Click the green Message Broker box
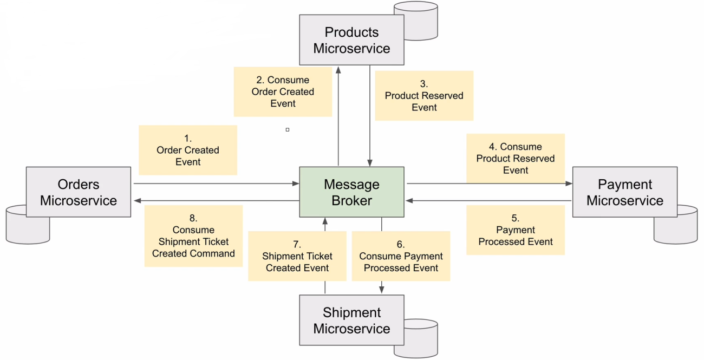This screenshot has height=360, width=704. coord(351,192)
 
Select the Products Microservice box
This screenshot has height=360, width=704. coord(351,40)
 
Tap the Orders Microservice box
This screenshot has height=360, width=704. coord(79,192)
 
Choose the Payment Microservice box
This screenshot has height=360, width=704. coord(624,192)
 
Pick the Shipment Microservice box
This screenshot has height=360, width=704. coord(351,320)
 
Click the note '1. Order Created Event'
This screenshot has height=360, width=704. coord(188,150)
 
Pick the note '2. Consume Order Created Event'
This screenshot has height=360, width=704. coord(283,91)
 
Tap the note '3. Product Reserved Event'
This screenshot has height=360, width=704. coord(424,95)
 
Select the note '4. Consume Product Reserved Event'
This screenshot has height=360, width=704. coord(516,158)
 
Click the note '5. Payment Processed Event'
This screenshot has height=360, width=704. coord(516,230)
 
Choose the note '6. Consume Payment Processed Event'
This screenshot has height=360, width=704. coord(401,256)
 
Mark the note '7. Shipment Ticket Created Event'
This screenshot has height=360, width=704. coord(297,256)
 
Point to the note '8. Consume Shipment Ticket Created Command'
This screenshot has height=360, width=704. coord(193,236)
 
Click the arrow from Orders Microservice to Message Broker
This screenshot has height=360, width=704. coord(217,184)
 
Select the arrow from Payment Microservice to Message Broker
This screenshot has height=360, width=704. coord(487,201)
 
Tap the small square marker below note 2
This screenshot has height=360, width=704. coord(288,129)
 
